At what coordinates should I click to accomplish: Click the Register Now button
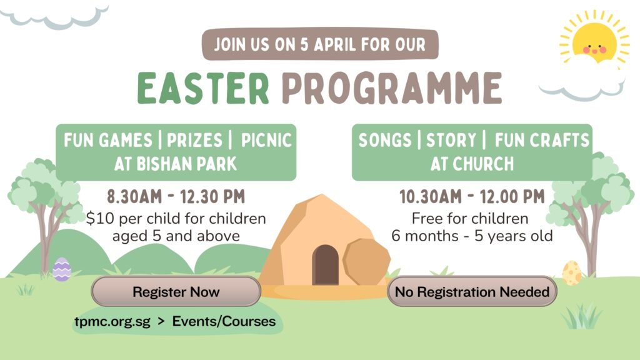point(176,291)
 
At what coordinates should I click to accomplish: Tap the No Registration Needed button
point(472,291)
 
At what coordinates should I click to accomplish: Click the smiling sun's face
point(594,44)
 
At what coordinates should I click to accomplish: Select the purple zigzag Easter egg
point(62,269)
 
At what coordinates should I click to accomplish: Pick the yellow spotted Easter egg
point(572,272)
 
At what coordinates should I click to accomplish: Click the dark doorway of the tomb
point(325,265)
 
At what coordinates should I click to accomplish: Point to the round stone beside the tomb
point(366,261)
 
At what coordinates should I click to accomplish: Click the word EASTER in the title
point(203,87)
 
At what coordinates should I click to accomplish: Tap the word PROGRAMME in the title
point(391,87)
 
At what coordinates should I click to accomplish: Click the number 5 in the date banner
point(304,44)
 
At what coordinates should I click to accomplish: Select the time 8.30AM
point(135,197)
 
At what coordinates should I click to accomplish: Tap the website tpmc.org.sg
point(112,322)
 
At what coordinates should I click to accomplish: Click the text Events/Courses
point(224,321)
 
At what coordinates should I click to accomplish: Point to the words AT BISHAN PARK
point(176,164)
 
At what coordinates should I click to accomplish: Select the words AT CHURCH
point(472,164)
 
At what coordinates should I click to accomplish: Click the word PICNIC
point(266,140)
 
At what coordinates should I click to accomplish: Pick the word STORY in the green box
point(451,140)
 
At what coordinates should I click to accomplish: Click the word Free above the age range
point(427,219)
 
